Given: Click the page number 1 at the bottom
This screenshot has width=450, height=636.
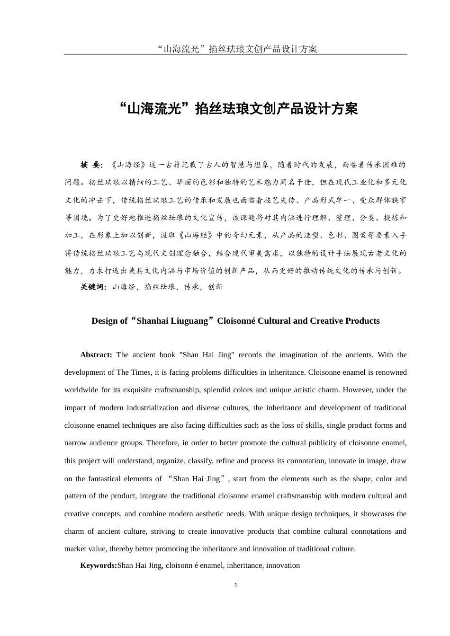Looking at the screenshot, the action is (x=235, y=585).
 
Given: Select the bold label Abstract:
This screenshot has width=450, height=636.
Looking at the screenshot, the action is (x=96, y=355).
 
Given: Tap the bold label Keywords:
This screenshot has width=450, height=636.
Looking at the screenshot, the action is (x=98, y=565).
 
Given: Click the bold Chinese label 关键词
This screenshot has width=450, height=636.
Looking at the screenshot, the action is (x=93, y=287).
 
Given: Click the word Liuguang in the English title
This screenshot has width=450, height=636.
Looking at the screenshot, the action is (x=192, y=321).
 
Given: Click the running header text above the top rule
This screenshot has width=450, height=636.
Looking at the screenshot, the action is (x=236, y=49).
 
